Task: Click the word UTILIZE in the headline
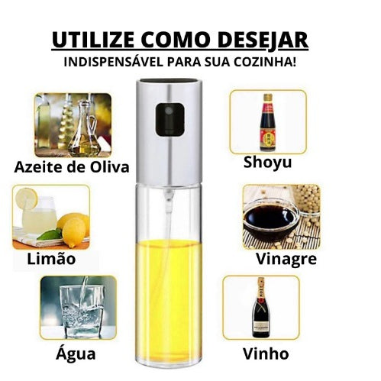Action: (x=93, y=40)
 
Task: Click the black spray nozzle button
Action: (x=170, y=119)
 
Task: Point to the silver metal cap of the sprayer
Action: (x=170, y=131)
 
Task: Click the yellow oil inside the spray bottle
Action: (x=169, y=298)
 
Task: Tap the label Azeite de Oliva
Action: (x=72, y=167)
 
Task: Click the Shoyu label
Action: (x=267, y=163)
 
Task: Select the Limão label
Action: (x=51, y=258)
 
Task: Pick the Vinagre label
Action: (x=286, y=259)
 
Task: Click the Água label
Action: (x=76, y=353)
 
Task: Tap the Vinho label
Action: (x=266, y=354)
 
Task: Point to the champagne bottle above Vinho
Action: (x=260, y=307)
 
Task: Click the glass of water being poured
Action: (x=82, y=311)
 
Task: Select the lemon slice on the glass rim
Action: (x=27, y=199)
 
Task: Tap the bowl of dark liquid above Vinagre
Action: (x=270, y=223)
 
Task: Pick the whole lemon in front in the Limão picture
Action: (x=74, y=232)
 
